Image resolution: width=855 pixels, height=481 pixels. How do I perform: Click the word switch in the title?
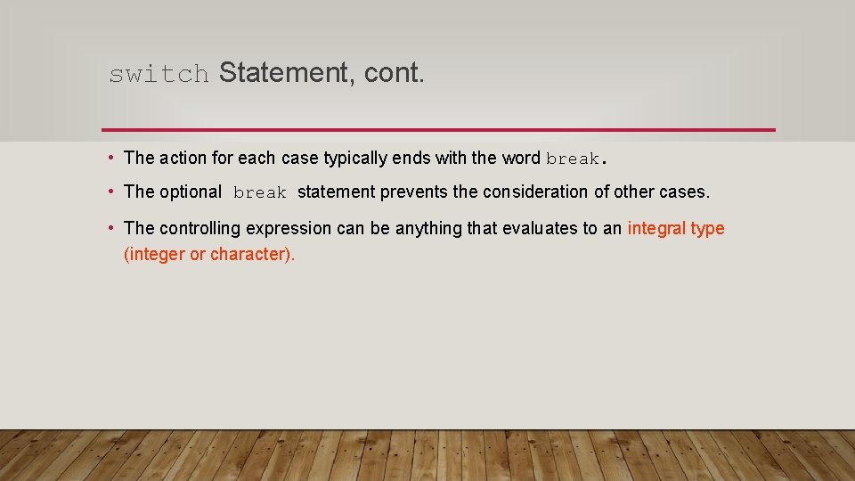tap(159, 74)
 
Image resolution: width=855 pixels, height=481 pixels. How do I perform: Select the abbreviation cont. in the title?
tap(394, 73)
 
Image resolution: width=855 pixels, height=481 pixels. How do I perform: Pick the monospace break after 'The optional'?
tap(260, 192)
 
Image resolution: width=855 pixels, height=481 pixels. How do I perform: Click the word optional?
tap(191, 192)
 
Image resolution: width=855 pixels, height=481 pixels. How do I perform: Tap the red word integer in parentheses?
tap(155, 255)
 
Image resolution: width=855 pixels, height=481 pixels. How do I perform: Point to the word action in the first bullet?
tap(183, 159)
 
